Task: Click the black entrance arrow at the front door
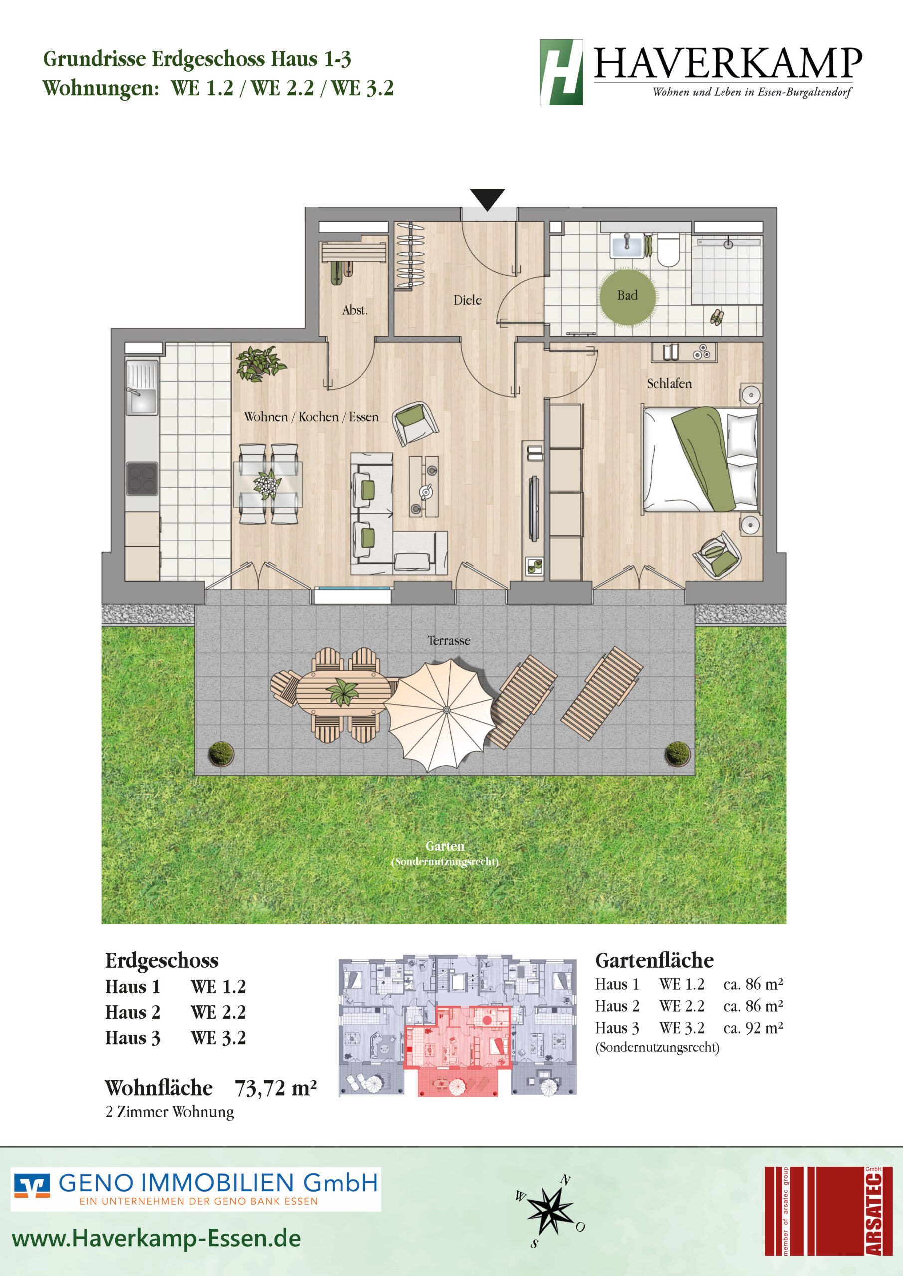487,199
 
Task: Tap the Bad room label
627,295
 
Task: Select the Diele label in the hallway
467,300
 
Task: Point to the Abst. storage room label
355,310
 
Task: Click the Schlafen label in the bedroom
669,383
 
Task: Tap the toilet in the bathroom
668,250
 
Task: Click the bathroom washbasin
627,245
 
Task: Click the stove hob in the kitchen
142,478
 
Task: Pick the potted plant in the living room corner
259,363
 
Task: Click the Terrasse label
449,641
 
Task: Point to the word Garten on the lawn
445,846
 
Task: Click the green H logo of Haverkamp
561,72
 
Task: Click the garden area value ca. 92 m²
753,1028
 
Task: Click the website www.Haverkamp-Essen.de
156,1238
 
